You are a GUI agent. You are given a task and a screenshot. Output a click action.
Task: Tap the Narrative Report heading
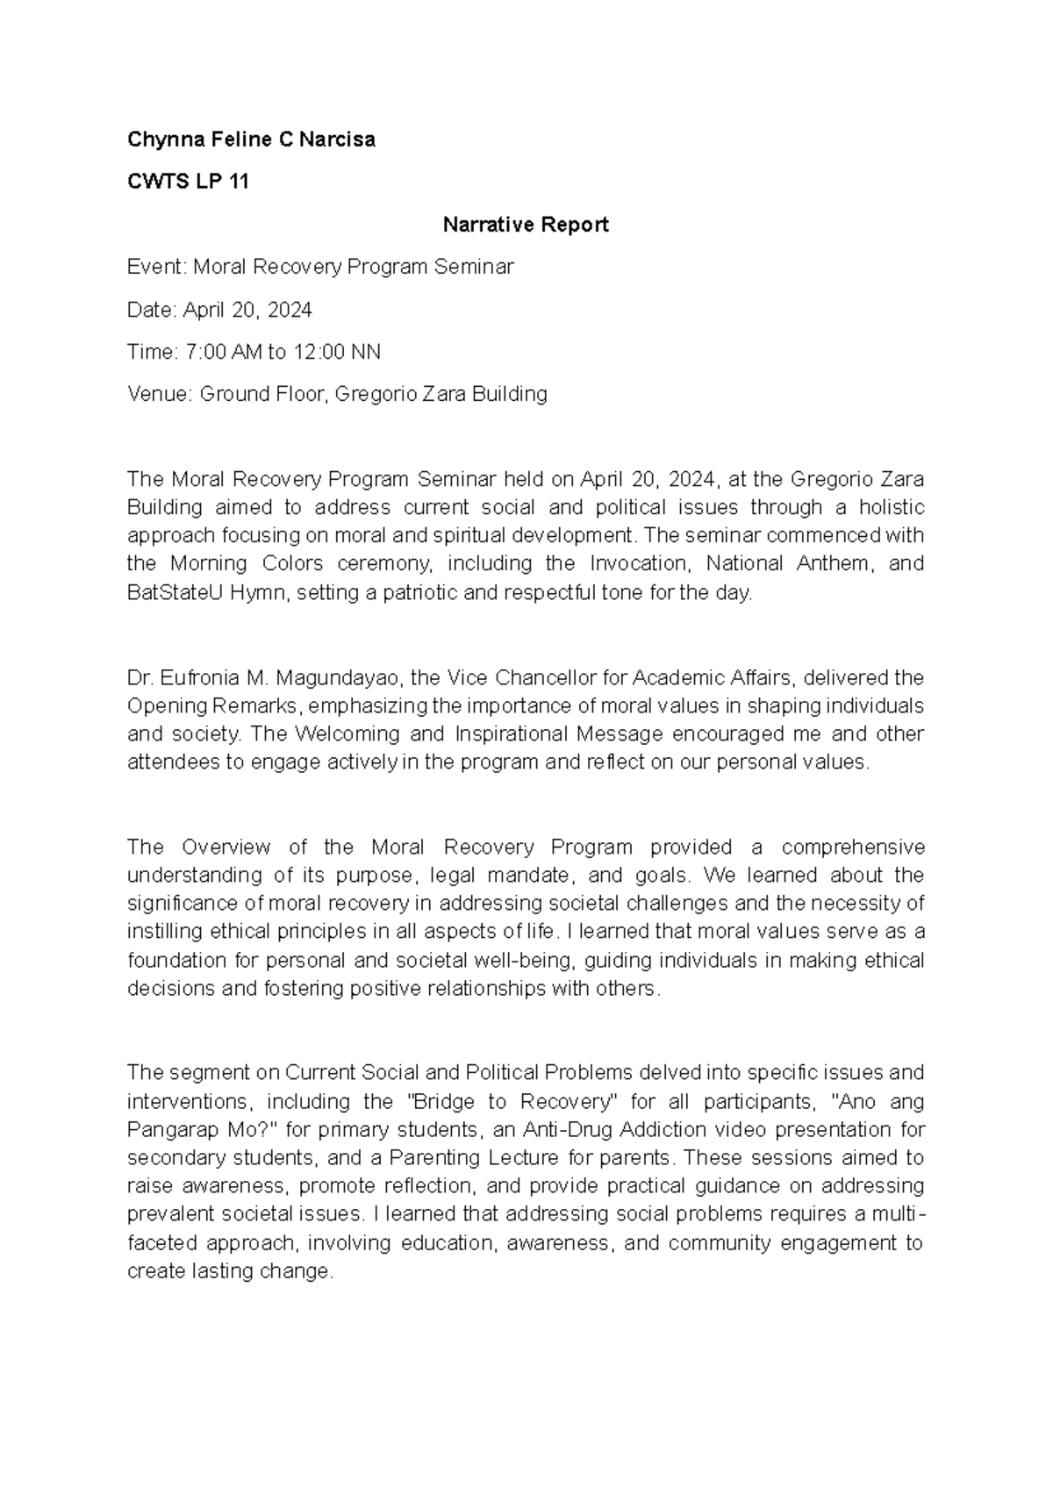coord(525,225)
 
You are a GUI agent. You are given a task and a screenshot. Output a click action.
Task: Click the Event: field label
coord(157,267)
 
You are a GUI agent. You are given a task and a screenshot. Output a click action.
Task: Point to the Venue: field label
coord(160,394)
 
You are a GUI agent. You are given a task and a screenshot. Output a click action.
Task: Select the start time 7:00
coord(204,352)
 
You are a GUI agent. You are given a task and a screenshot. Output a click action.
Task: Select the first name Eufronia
coord(200,677)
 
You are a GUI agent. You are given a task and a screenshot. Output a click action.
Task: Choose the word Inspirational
coord(515,733)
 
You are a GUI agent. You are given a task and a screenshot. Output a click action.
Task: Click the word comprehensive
coord(852,847)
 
